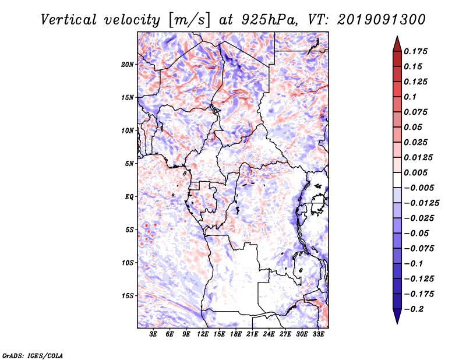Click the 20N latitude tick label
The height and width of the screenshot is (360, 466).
pyautogui.click(x=128, y=65)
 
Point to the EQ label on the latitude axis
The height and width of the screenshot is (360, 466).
pyautogui.click(x=129, y=197)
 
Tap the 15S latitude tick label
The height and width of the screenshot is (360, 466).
pyautogui.click(x=128, y=296)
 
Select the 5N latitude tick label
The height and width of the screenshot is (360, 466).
pyautogui.click(x=129, y=164)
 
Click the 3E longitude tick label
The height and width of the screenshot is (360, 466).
pyautogui.click(x=153, y=334)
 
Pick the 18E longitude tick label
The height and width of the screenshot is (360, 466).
pyautogui.click(x=236, y=334)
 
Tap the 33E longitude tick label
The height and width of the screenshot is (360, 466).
pyautogui.click(x=318, y=334)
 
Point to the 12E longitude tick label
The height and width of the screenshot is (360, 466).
pyautogui.click(x=203, y=334)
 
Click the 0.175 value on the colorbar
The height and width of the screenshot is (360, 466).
pyautogui.click(x=415, y=51)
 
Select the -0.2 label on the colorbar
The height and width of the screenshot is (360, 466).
pyautogui.click(x=414, y=309)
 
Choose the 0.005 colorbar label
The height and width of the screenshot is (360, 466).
pyautogui.click(x=415, y=172)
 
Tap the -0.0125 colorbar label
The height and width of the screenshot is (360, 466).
pyautogui.click(x=421, y=203)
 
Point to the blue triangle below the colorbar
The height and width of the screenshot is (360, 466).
pyautogui.click(x=397, y=316)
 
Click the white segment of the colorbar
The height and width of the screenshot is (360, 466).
pyautogui.click(x=397, y=180)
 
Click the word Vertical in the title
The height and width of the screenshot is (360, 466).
pyautogui.click(x=69, y=20)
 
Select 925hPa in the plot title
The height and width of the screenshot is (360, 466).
pyautogui.click(x=269, y=20)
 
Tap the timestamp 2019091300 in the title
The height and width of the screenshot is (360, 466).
pyautogui.click(x=382, y=20)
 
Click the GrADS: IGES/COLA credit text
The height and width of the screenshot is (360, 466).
pyautogui.click(x=33, y=355)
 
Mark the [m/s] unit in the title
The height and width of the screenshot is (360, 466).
pyautogui.click(x=189, y=20)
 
